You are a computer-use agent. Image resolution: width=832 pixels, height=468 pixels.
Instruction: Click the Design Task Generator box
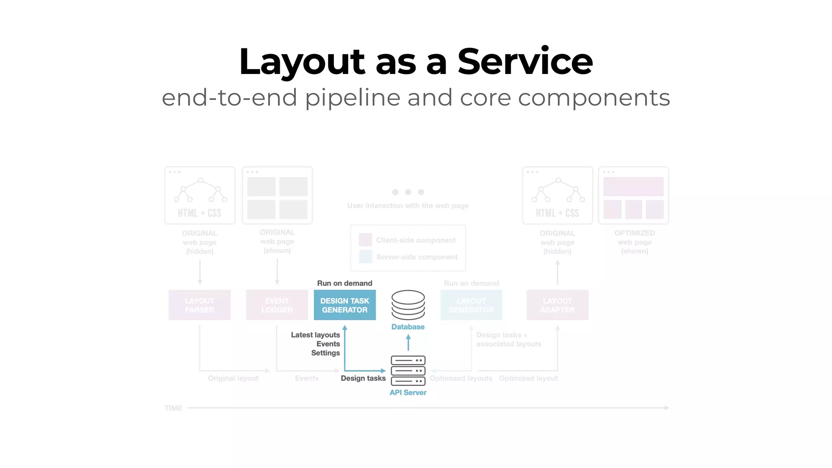pyautogui.click(x=344, y=305)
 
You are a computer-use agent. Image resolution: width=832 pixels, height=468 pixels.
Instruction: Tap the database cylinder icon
pyautogui.click(x=408, y=305)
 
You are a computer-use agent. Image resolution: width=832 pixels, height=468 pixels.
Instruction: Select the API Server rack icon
pyautogui.click(x=408, y=370)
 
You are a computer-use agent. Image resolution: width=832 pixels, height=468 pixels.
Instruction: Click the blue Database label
pyautogui.click(x=408, y=327)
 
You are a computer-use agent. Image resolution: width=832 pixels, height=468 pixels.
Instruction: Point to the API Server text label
pyautogui.click(x=408, y=393)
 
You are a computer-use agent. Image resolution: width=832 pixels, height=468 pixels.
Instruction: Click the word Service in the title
pyautogui.click(x=525, y=62)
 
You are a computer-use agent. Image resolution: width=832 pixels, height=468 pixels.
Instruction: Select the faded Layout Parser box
pyautogui.click(x=199, y=305)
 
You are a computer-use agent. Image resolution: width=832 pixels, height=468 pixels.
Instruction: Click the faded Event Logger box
pyautogui.click(x=277, y=305)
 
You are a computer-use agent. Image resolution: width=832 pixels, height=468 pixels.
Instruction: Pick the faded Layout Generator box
pyautogui.click(x=471, y=305)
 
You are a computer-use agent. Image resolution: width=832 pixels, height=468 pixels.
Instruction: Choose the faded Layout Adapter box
pyautogui.click(x=557, y=305)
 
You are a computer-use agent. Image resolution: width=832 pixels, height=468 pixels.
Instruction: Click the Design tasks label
pyautogui.click(x=363, y=379)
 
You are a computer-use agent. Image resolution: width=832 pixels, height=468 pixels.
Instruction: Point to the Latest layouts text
pyautogui.click(x=315, y=335)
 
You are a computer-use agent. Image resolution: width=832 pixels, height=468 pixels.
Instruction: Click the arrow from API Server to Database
pyautogui.click(x=408, y=342)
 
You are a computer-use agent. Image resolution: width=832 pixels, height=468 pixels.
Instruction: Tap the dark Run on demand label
pyautogui.click(x=344, y=284)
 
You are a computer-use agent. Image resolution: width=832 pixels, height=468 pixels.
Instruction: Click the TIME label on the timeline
pyautogui.click(x=173, y=408)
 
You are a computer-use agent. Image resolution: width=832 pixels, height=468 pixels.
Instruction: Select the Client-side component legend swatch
pyautogui.click(x=365, y=240)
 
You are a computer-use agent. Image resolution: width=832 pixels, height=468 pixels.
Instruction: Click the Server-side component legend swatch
pyautogui.click(x=365, y=257)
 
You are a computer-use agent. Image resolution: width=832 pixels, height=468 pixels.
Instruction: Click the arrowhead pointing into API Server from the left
pyautogui.click(x=383, y=370)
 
